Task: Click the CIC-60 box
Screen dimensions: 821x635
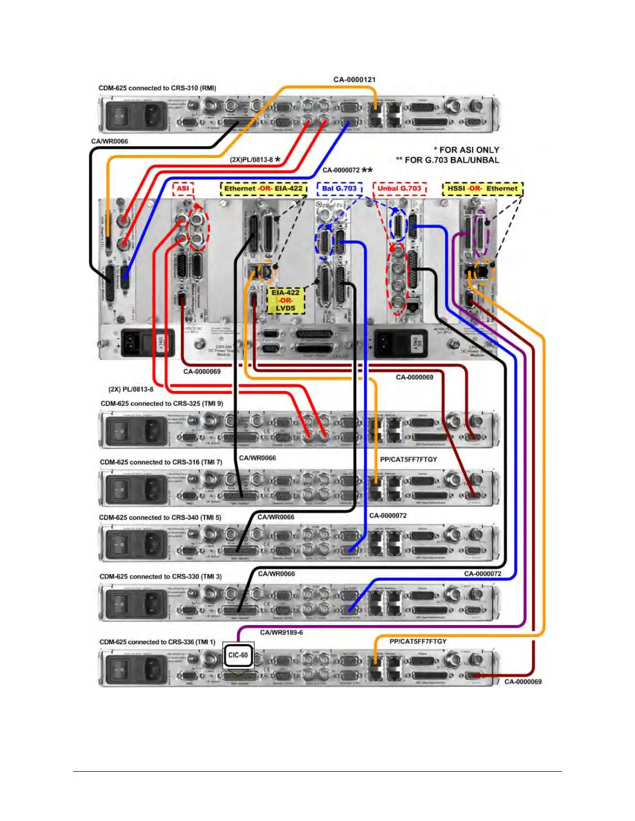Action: [x=238, y=655]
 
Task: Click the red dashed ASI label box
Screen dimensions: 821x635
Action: [x=183, y=189]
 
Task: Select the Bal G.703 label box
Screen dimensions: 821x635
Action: [x=339, y=189]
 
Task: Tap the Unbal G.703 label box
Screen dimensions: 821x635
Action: [x=399, y=189]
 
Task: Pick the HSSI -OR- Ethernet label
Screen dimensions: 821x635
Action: [x=482, y=189]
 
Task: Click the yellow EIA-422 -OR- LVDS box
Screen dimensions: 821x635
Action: [x=285, y=300]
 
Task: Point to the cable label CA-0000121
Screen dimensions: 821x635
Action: [x=354, y=79]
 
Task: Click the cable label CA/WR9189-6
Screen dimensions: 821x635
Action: [x=281, y=632]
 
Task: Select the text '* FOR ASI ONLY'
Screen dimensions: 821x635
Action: [x=466, y=150]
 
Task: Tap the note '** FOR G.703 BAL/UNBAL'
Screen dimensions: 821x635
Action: [x=447, y=160]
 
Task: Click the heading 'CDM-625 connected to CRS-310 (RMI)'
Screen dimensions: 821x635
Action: [x=157, y=88]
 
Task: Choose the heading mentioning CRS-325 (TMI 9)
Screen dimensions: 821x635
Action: [x=161, y=403]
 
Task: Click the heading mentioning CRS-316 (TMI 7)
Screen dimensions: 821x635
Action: [x=161, y=462]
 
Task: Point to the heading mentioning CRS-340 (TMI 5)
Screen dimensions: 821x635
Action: [x=160, y=517]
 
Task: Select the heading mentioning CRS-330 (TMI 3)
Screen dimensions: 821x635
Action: [x=160, y=576]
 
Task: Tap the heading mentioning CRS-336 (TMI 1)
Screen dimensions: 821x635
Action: [x=157, y=642]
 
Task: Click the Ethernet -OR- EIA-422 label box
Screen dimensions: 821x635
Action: [x=263, y=189]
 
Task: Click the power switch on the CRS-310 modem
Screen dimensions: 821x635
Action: [x=120, y=115]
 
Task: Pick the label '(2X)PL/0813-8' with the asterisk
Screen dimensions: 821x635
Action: [x=254, y=160]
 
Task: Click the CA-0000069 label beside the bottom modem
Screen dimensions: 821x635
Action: [x=523, y=682]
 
